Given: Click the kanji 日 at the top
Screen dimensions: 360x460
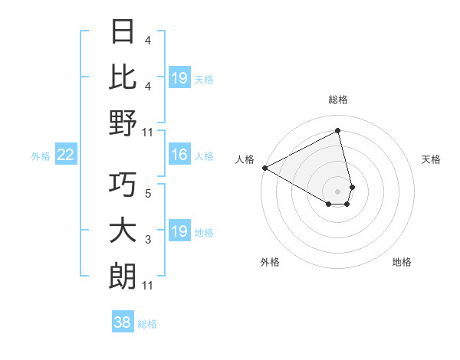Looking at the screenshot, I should pyautogui.click(x=123, y=31).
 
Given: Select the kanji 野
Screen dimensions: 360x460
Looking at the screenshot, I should pyautogui.click(x=123, y=122).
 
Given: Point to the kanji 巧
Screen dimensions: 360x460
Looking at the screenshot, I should pyautogui.click(x=123, y=185).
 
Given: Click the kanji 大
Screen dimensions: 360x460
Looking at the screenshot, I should pyautogui.click(x=123, y=231).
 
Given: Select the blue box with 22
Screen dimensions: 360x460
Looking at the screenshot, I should pyautogui.click(x=65, y=155).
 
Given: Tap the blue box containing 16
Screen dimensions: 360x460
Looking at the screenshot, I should pyautogui.click(x=179, y=155).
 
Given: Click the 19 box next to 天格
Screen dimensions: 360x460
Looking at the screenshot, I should pyautogui.click(x=179, y=77).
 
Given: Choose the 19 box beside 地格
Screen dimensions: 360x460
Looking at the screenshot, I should pyautogui.click(x=179, y=231).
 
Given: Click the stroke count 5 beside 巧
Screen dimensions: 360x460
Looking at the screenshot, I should pyautogui.click(x=148, y=194).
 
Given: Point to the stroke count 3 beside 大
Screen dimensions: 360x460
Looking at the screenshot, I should pyautogui.click(x=148, y=240).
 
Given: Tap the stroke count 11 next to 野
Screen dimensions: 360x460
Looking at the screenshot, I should pyautogui.click(x=148, y=132).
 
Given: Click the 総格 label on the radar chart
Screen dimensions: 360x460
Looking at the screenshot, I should pyautogui.click(x=338, y=100).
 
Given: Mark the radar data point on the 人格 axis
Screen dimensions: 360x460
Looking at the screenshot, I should pyautogui.click(x=264, y=168).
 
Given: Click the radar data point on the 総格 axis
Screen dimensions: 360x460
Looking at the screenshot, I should pyautogui.click(x=338, y=131).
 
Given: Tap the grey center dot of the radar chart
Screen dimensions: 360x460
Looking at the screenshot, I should pyautogui.click(x=338, y=190).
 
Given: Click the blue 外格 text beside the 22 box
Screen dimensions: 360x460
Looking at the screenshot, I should pyautogui.click(x=41, y=156).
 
